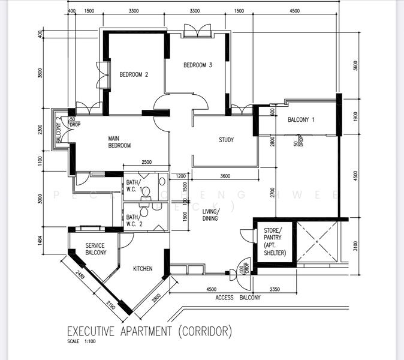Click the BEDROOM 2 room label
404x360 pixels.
(133, 74)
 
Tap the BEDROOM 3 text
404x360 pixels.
(198, 65)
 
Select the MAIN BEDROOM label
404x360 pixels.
(119, 142)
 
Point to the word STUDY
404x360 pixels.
(226, 140)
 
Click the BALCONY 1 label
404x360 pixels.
(301, 120)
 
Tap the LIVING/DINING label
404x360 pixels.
(210, 215)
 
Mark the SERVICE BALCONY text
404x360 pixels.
(95, 249)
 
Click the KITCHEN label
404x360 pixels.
(143, 269)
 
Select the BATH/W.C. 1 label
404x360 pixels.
(132, 186)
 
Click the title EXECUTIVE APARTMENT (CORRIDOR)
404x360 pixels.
(149, 331)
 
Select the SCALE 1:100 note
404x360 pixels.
(82, 342)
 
